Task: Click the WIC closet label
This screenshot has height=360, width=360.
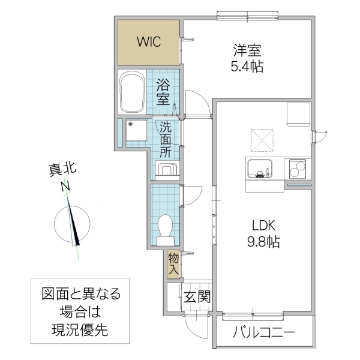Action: click(148, 42)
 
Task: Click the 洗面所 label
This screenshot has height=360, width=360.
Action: click(166, 139)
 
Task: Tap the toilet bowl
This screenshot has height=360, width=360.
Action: click(164, 228)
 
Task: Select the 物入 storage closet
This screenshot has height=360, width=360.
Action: click(173, 263)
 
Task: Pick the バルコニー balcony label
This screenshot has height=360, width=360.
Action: click(263, 332)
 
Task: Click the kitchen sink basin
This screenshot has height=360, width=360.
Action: click(259, 167)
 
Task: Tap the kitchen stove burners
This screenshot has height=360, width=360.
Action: click(297, 168)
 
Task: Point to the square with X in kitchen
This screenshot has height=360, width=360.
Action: click(262, 140)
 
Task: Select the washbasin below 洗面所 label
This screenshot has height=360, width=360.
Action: click(167, 169)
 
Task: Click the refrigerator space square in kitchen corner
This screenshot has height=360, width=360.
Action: click(298, 114)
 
